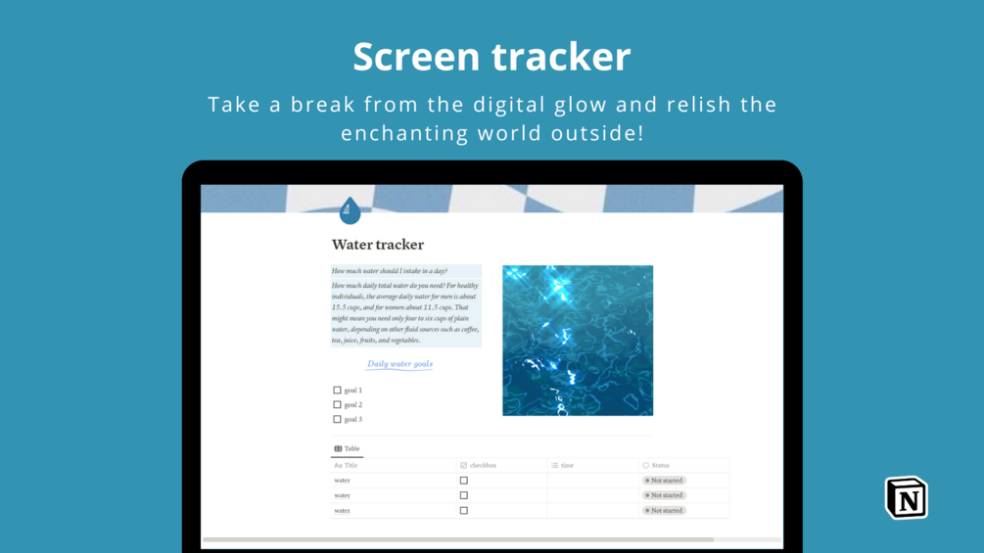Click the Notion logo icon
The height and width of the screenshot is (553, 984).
pos(907,497)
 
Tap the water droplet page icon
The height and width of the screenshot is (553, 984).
pos(350,210)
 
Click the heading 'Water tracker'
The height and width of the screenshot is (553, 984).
pos(378,245)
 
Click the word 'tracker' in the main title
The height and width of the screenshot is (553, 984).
pos(561,57)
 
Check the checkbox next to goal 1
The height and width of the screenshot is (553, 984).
pos(338,390)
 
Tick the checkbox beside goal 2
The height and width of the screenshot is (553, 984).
pos(338,404)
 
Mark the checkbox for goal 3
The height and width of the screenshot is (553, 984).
pos(338,419)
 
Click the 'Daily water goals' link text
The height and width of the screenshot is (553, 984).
pos(399,364)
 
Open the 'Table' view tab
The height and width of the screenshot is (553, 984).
pos(348,449)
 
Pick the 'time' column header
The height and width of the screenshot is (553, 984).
pos(567,466)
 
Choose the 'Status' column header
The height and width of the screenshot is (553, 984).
pos(660,466)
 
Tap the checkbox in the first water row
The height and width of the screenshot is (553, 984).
pos(464,481)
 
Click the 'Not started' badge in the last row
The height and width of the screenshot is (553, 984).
pos(665,511)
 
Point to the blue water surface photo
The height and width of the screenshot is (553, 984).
pos(578,341)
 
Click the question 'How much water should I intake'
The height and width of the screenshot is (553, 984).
pos(389,271)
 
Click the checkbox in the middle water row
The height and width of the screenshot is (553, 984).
pos(464,495)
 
